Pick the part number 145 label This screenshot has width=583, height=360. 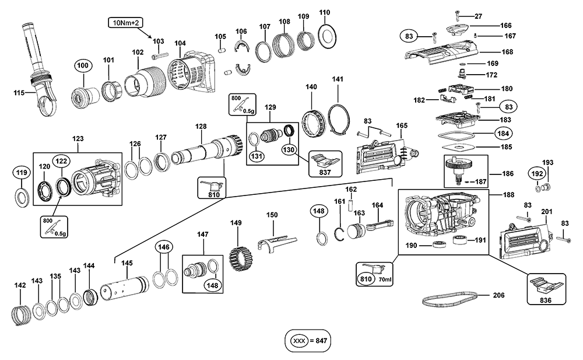[x=127, y=263]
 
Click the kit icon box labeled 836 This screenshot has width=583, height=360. [x=546, y=289]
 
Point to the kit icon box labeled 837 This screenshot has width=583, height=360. [x=325, y=164]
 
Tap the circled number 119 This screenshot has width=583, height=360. [x=22, y=173]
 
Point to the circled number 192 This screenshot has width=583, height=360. [x=537, y=173]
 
